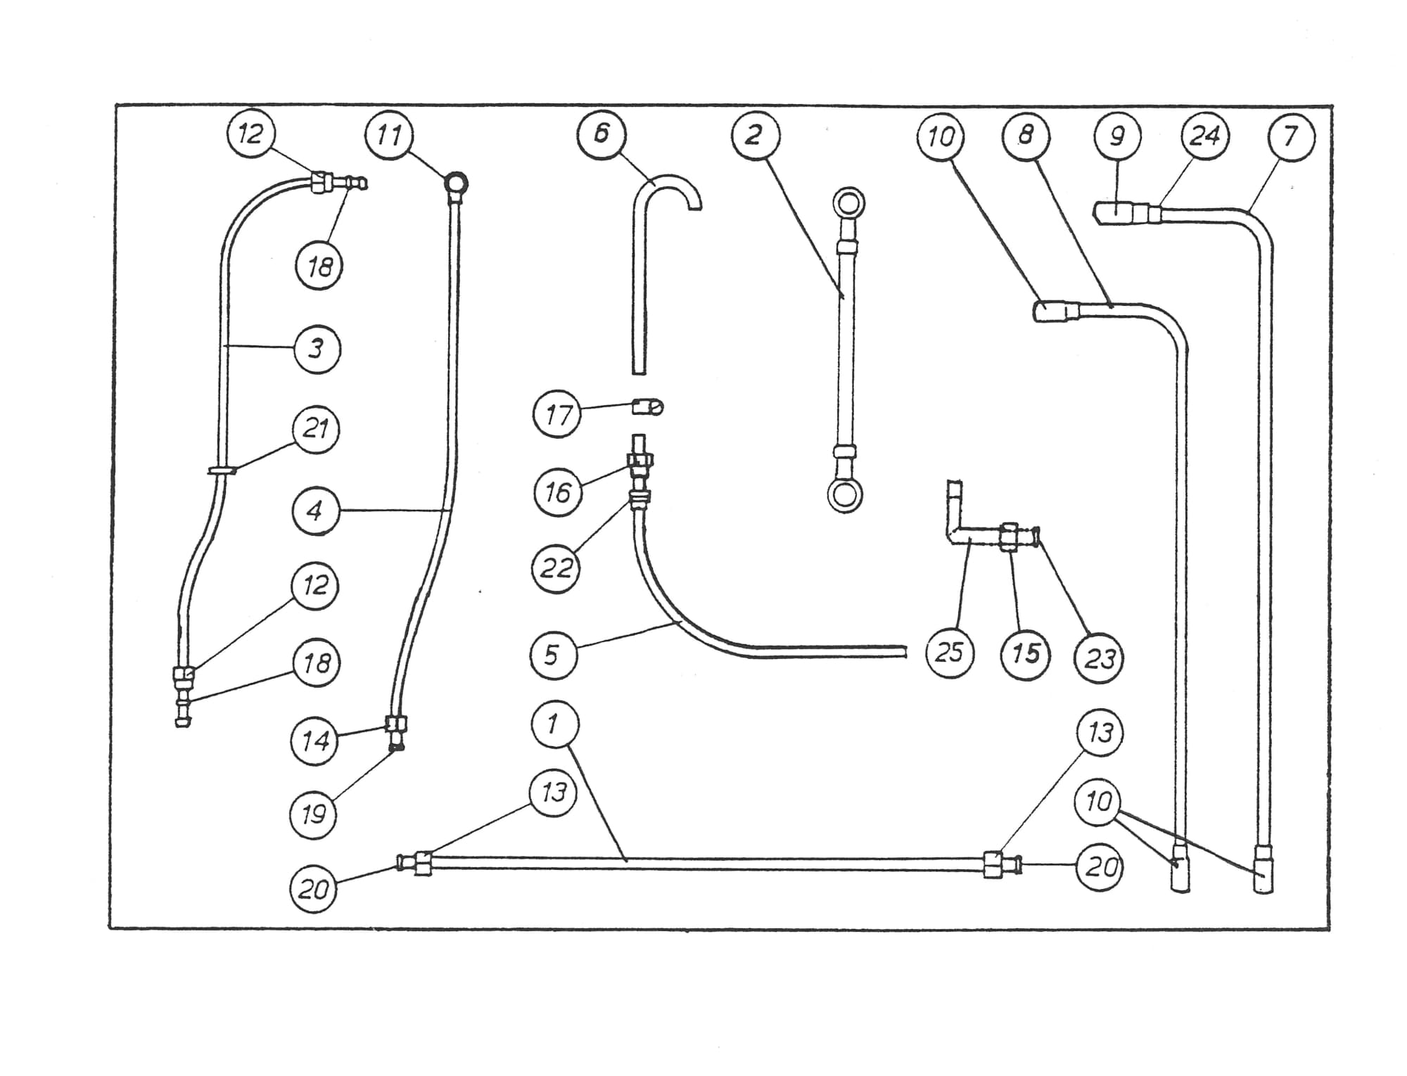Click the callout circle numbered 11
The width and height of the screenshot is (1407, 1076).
coord(390,134)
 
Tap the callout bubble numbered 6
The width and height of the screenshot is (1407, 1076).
coord(601,134)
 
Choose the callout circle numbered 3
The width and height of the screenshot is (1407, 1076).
coord(317,349)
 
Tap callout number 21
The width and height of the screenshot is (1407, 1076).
coord(316,430)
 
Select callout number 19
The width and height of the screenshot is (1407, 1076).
coord(314,814)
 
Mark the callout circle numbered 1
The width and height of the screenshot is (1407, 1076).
coord(554,724)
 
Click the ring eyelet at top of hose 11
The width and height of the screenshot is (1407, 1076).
coord(456,184)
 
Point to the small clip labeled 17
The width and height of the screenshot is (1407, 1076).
coord(647,406)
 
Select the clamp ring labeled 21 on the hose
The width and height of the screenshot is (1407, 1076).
coord(222,469)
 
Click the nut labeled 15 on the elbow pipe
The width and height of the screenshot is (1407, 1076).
coord(1010,537)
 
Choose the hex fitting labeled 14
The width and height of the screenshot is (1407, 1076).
coord(396,724)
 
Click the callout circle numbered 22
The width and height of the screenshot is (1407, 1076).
coord(556,568)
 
